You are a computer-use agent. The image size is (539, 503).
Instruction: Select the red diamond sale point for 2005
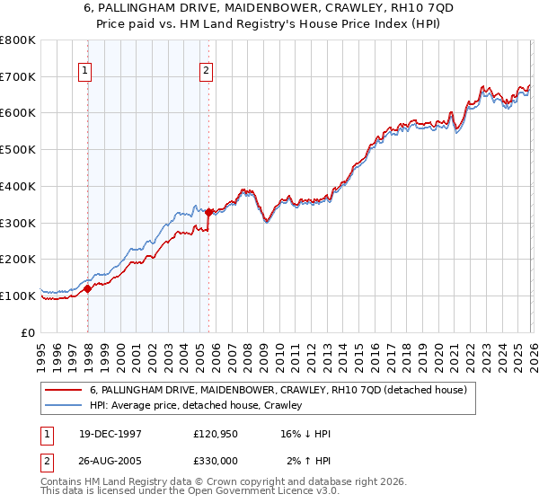208,212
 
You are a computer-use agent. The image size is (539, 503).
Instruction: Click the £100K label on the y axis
18,296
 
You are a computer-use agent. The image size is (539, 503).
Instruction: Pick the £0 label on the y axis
27,332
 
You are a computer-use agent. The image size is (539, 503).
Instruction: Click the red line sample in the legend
63,390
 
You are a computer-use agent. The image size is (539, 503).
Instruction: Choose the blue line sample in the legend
63,405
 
